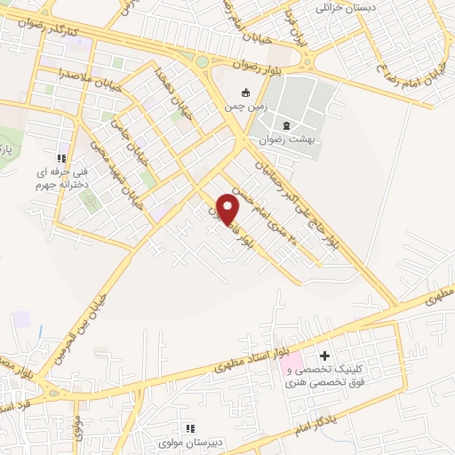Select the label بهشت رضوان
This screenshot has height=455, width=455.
288,140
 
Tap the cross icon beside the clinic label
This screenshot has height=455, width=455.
324,355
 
